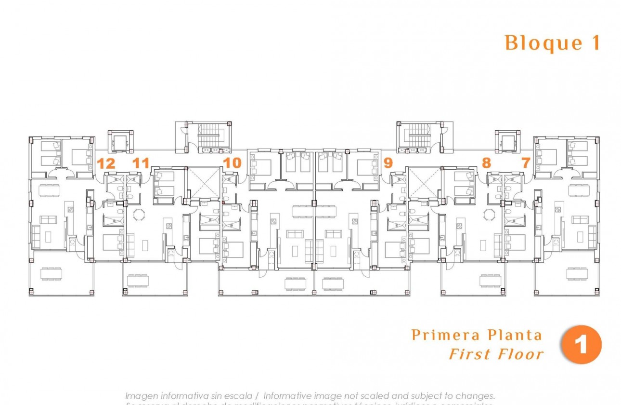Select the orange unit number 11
click(141, 163)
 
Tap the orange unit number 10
click(232, 163)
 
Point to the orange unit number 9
click(388, 163)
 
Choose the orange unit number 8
click(486, 163)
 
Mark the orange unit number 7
click(525, 163)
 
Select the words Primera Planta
click(477, 335)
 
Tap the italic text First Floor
click(496, 354)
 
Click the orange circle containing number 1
click(581, 345)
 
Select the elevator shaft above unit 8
click(508, 142)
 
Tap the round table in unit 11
click(139, 215)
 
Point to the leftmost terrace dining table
click(51, 274)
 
